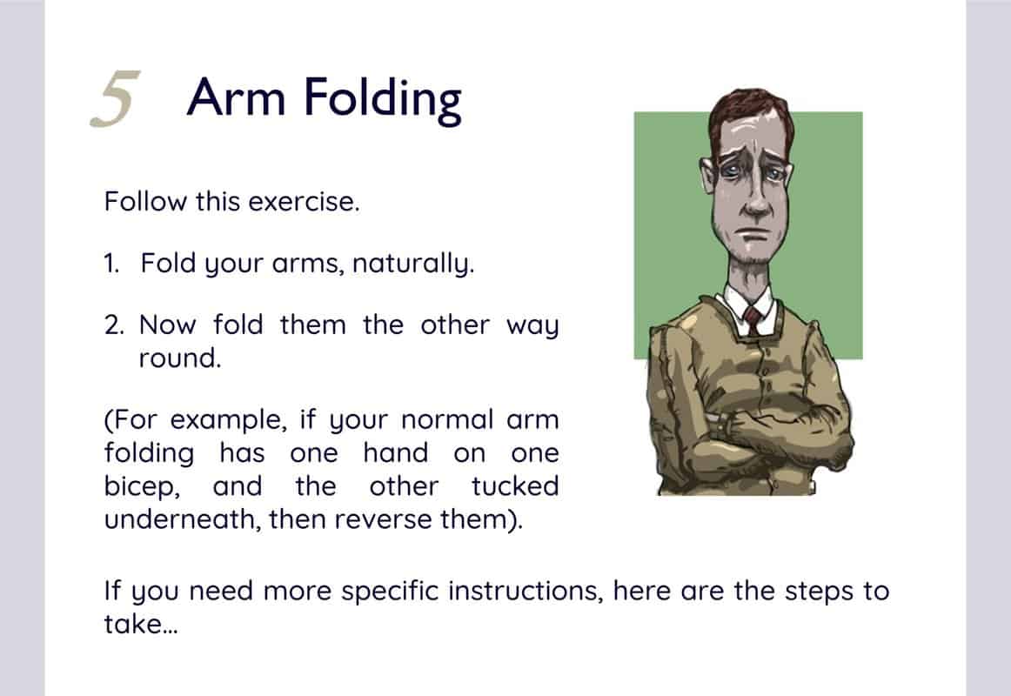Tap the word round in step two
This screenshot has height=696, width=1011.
pos(179,358)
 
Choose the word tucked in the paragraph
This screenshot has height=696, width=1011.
pos(514,485)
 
